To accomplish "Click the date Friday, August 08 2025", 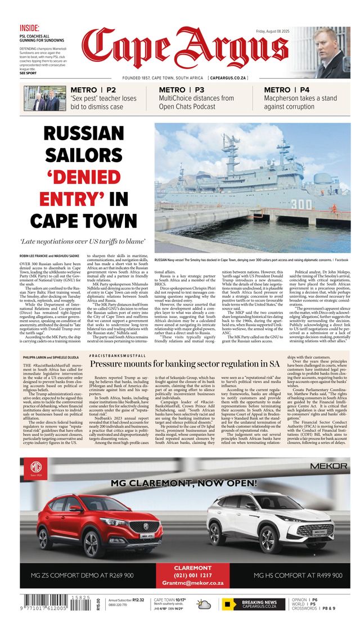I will point(272,32).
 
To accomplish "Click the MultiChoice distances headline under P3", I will point(196,102).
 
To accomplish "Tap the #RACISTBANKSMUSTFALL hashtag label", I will point(119,356).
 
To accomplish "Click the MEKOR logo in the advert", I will point(328,466).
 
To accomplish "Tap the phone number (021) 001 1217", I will point(193,575).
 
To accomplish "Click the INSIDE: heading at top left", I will point(29,28).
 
